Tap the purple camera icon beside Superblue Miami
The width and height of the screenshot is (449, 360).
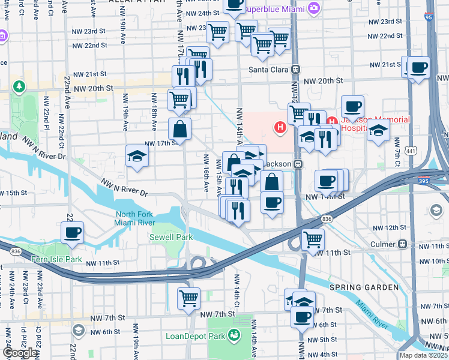coord(313,8)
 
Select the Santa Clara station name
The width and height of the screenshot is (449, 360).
coord(267,68)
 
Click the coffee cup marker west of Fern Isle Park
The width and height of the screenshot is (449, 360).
coord(72,233)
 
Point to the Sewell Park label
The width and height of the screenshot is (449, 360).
coord(171,237)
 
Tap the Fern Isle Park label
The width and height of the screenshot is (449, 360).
coord(56,259)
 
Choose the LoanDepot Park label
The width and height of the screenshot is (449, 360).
coord(194,336)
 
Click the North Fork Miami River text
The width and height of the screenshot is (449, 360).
coord(134,219)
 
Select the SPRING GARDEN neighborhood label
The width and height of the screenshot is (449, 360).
coord(364,287)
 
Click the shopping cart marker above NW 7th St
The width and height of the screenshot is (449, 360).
coord(188,298)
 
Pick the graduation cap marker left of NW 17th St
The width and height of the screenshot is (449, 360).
coord(137,157)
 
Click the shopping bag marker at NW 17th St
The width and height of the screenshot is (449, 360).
coord(180,128)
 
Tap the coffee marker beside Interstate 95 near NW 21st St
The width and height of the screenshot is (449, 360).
coord(419,67)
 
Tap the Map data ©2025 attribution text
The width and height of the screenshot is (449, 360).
coord(424,355)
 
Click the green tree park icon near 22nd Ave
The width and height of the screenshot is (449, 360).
coord(20,88)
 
